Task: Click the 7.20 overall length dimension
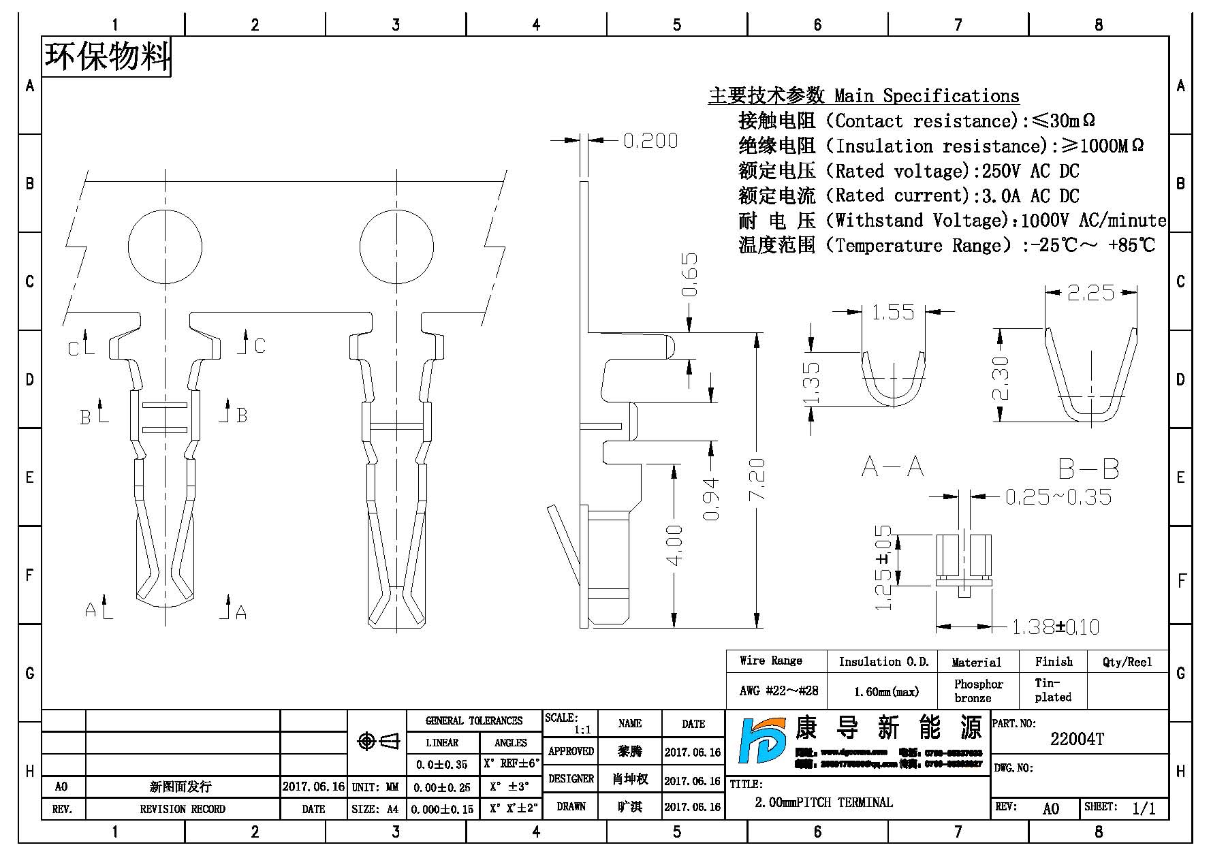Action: tap(757, 479)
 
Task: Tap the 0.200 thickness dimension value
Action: tap(650, 141)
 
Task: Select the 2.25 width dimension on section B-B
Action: tap(1090, 293)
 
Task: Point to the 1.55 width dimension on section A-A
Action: tap(892, 313)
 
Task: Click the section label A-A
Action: tap(892, 467)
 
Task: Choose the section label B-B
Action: tap(1088, 469)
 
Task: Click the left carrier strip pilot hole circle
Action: tap(165, 247)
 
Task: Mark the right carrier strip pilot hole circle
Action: tap(396, 247)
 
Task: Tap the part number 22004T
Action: tap(1077, 740)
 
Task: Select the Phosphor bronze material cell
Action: tap(978, 691)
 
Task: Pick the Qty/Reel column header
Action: tap(1127, 662)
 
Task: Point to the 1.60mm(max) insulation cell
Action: tap(886, 692)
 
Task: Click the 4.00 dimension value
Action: tap(674, 545)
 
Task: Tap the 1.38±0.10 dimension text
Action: tap(1055, 627)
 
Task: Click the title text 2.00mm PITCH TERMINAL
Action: tap(823, 802)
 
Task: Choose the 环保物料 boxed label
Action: tap(107, 57)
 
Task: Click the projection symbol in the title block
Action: tap(379, 741)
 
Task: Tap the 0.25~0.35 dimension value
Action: tap(1058, 497)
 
